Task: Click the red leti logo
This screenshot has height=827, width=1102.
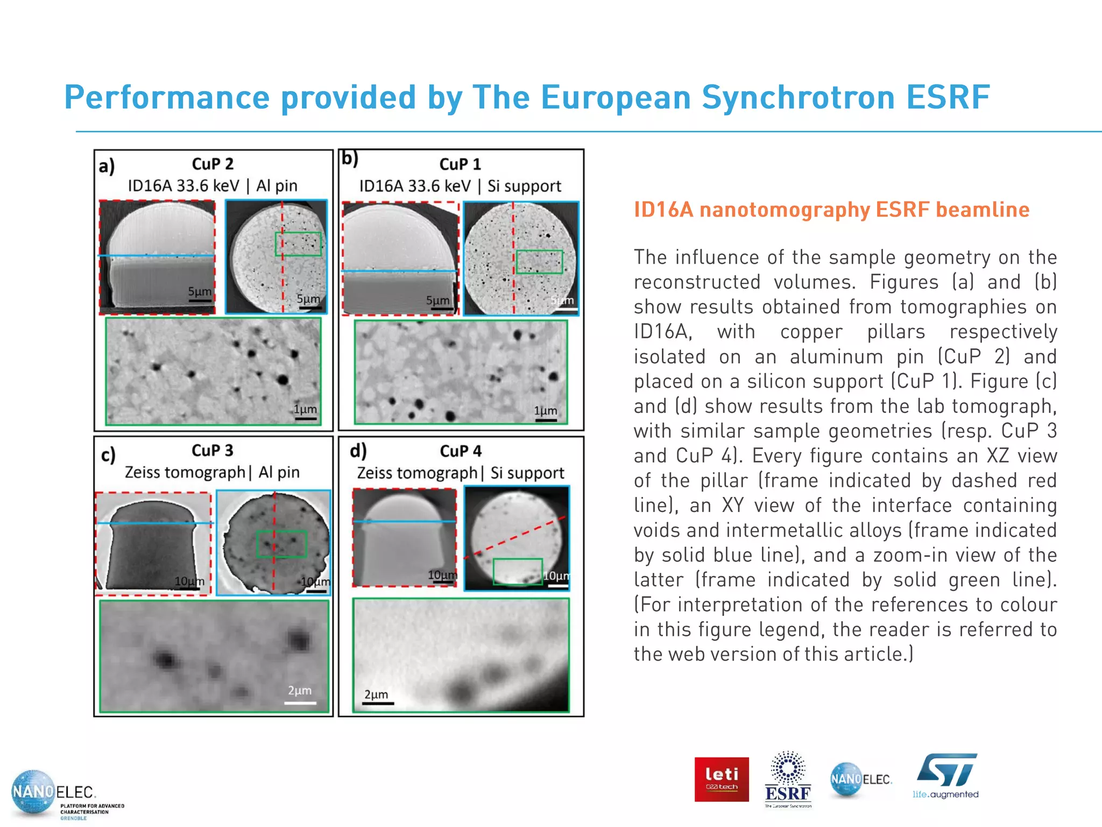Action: point(721,779)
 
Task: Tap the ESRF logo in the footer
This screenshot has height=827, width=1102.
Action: point(788,779)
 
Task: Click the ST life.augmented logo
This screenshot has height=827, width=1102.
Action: point(945,776)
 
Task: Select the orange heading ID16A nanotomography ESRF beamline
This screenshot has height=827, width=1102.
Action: point(831,209)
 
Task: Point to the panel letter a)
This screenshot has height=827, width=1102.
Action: point(107,166)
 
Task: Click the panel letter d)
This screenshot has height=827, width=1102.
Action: point(358,450)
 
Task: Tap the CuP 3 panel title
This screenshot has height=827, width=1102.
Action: point(213,450)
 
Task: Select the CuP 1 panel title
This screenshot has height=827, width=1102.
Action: point(460,164)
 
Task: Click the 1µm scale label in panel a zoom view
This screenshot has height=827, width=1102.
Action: point(305,409)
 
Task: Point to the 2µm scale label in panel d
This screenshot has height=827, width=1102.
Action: point(376,695)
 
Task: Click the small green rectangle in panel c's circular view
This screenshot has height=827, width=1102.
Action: point(281,544)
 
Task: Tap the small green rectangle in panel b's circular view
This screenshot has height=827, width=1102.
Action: point(539,262)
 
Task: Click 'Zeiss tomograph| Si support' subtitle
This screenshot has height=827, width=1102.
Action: point(461,473)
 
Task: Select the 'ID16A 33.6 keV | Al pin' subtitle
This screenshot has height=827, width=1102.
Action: point(213,186)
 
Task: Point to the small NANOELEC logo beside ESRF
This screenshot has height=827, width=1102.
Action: point(860,779)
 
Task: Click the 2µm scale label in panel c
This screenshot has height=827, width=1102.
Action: point(300,690)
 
